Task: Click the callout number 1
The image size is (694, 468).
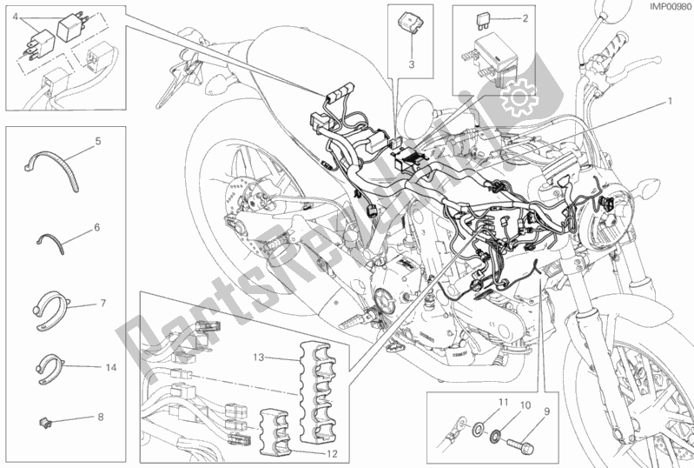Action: (670, 101)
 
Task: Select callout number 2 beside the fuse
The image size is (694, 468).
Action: (523, 17)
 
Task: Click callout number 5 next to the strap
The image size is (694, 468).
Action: (98, 140)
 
